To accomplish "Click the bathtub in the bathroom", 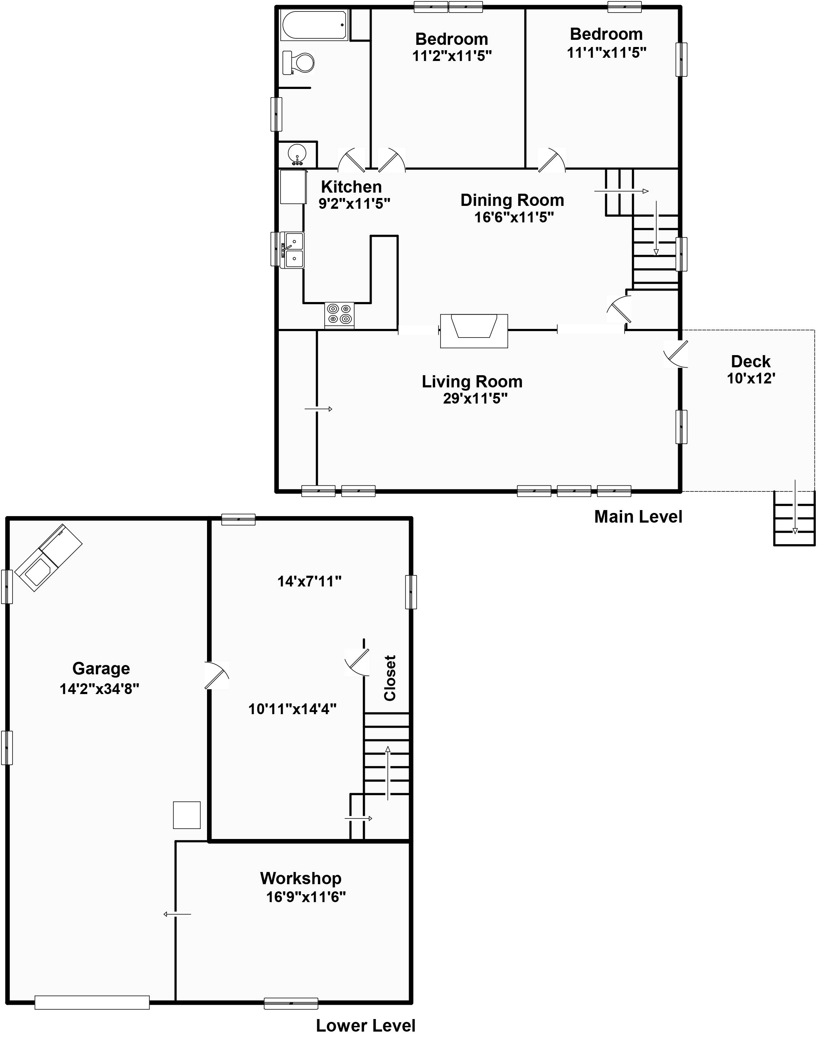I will (x=314, y=25).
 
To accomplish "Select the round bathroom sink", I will (x=297, y=154).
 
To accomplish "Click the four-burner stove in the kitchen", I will (x=339, y=315).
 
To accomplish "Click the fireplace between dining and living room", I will (x=474, y=330).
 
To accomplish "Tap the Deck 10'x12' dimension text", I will (x=751, y=379).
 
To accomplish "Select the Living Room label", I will (x=472, y=382).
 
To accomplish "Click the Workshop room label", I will (x=301, y=879).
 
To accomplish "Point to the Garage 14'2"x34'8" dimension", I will (x=99, y=689).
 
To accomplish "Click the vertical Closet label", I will (x=390, y=678).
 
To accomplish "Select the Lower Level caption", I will (x=366, y=1026).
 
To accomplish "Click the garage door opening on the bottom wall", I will (x=92, y=1003).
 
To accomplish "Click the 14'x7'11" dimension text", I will (x=309, y=581).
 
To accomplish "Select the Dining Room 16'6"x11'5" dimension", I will (x=514, y=217).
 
